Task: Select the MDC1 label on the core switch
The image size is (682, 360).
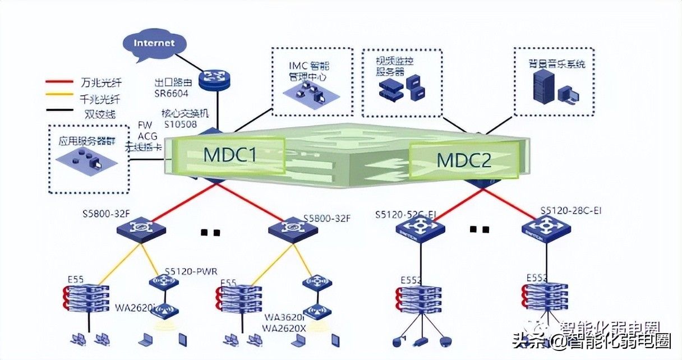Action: tap(229, 154)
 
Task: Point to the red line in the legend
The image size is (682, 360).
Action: tap(58, 82)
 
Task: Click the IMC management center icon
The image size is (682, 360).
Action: tap(306, 90)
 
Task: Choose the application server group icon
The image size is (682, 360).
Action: tap(87, 159)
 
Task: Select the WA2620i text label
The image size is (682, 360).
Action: tap(135, 307)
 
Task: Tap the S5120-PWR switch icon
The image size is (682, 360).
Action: tap(164, 282)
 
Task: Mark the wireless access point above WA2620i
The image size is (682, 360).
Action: tap(164, 310)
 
